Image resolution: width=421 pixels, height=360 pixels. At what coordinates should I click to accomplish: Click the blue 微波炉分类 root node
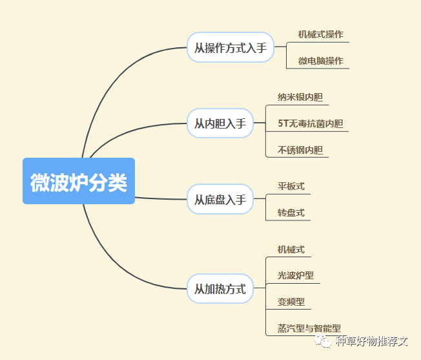[79, 182]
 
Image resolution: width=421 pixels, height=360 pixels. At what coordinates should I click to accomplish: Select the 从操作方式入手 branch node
[230, 48]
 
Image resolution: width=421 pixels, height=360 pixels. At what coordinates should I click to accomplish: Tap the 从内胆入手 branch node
[220, 123]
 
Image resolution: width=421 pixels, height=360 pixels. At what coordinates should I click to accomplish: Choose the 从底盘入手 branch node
[220, 200]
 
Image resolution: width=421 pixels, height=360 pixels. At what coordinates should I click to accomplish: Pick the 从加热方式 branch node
[220, 289]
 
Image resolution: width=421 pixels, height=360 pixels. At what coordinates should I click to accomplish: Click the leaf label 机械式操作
[320, 34]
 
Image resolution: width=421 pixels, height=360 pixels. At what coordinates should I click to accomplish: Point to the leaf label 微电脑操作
[320, 61]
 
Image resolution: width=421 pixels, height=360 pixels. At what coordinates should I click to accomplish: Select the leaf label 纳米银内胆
[300, 98]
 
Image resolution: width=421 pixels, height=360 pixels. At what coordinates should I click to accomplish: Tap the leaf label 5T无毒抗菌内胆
[310, 123]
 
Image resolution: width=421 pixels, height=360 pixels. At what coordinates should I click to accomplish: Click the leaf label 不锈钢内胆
[300, 150]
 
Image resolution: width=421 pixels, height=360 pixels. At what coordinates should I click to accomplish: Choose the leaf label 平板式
[291, 186]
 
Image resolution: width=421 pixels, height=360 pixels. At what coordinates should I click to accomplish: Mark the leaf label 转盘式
[291, 213]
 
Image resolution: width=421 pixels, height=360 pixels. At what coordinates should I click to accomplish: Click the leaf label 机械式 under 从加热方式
[291, 249]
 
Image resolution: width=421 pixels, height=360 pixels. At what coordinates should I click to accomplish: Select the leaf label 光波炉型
[295, 275]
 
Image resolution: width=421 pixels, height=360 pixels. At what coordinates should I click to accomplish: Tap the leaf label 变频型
[291, 302]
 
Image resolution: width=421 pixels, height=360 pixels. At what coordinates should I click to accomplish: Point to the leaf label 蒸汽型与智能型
[309, 328]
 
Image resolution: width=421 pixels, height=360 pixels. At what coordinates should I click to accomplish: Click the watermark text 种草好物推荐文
[373, 341]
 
